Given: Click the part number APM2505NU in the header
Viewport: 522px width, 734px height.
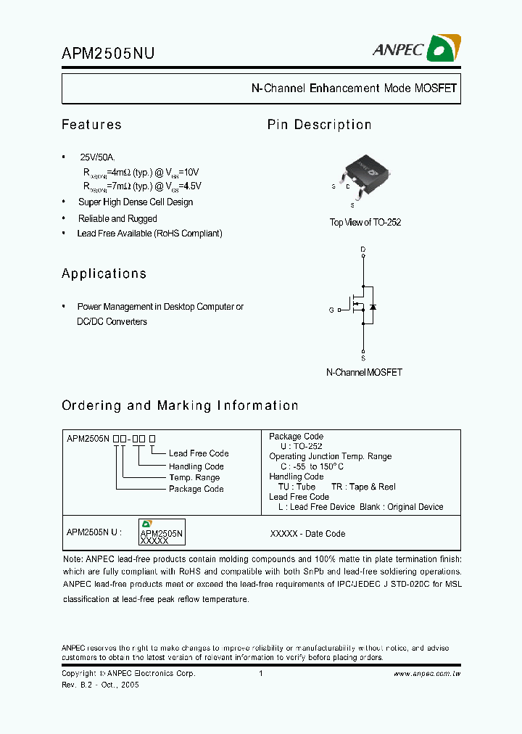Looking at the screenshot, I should click(x=107, y=52).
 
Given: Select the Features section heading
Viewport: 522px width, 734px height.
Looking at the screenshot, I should click(x=91, y=125).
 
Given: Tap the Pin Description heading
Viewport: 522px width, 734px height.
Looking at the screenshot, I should click(x=319, y=125).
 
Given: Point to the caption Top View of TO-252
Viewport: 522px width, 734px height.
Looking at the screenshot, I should click(x=365, y=222).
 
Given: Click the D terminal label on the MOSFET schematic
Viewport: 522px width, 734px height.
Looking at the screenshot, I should click(x=363, y=249).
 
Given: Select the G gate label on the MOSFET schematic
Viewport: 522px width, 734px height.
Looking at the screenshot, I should click(x=331, y=310).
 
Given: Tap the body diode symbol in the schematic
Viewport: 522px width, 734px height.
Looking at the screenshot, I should click(x=373, y=307).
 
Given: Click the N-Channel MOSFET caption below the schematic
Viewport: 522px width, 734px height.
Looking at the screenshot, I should click(x=364, y=372).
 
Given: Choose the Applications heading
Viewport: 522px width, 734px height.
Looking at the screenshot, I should click(x=104, y=273).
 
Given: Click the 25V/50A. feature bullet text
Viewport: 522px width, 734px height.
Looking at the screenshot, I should click(x=97, y=157).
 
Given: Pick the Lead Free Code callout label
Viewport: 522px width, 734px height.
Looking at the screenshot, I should click(x=199, y=453).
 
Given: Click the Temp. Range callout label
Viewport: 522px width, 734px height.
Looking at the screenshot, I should click(x=194, y=477).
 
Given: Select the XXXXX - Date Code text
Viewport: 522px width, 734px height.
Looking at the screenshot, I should click(x=307, y=533).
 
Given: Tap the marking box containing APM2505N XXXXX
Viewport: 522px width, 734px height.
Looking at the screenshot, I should click(x=162, y=532).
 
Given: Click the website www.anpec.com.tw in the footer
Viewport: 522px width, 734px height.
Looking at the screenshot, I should click(x=427, y=674).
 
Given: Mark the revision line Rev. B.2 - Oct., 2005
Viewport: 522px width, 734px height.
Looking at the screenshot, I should click(x=100, y=685).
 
